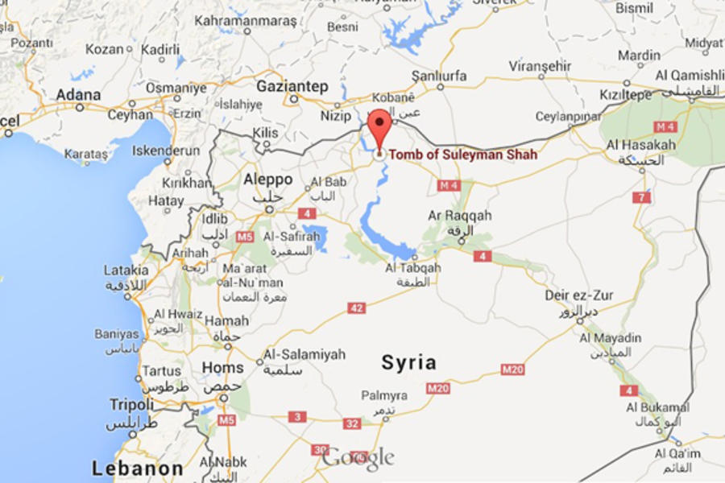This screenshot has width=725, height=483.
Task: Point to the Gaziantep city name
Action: tap(292, 85)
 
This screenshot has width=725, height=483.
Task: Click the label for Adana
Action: tap(78, 95)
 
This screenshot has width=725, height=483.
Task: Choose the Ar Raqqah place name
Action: tap(459, 216)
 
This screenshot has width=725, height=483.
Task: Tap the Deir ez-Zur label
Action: tap(578, 296)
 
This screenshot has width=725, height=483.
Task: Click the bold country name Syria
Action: tap(408, 362)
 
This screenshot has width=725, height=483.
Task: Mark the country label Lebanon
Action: tap(137, 468)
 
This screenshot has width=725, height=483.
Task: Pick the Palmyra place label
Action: tap(383, 395)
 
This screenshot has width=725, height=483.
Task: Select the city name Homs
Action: tap(222, 368)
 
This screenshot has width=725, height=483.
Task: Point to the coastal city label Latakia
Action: tap(126, 270)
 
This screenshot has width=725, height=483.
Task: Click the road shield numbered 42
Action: tap(356, 308)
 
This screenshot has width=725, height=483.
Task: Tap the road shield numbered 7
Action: tap(641, 197)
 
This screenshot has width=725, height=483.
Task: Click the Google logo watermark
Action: tap(358, 458)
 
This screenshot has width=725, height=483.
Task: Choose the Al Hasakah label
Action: tap(641, 145)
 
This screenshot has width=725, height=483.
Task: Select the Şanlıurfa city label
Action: tap(439, 76)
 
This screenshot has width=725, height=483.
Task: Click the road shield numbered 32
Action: tap(352, 423)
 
